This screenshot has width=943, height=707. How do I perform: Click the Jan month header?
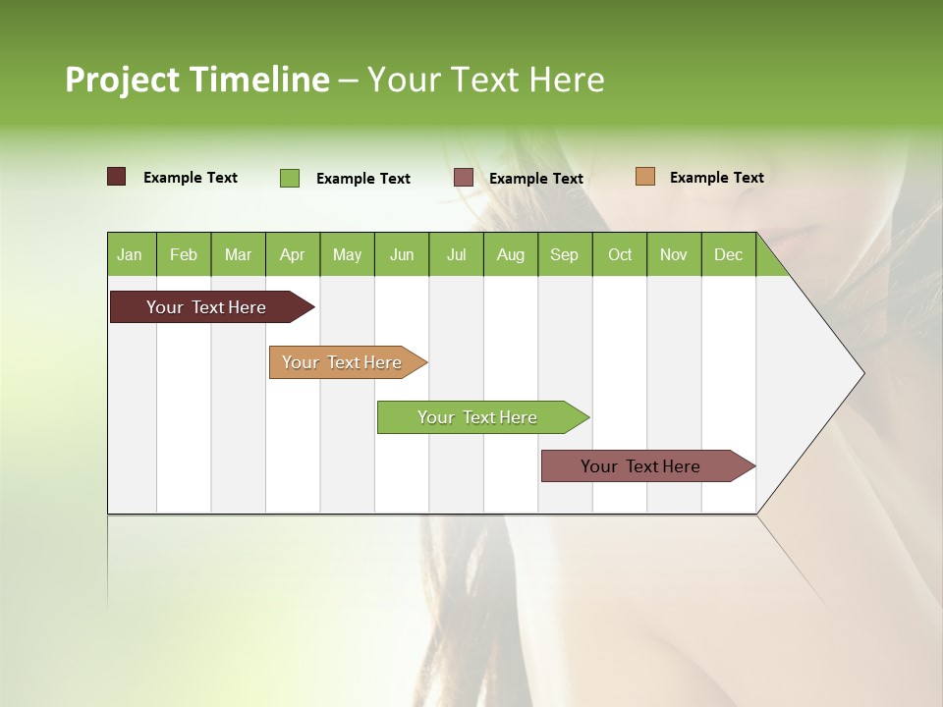(131, 254)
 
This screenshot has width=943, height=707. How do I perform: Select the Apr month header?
(293, 254)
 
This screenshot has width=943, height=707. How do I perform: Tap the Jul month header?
(456, 254)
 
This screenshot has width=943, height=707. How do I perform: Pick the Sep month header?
(565, 254)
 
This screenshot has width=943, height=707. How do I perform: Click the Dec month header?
(728, 254)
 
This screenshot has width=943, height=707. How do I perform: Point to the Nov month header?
(674, 254)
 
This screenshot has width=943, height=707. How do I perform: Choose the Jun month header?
(402, 254)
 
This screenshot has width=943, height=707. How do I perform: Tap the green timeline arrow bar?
(478, 417)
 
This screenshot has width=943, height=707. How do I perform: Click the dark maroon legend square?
(116, 177)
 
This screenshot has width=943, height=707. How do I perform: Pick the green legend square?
(290, 178)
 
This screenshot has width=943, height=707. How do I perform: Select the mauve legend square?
(464, 178)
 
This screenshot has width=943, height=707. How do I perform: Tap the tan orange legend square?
(645, 177)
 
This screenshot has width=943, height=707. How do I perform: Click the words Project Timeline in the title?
(196, 80)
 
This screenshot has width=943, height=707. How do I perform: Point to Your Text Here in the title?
(486, 80)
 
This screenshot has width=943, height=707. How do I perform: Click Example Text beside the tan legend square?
(717, 177)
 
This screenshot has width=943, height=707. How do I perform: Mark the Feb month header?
(184, 254)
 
